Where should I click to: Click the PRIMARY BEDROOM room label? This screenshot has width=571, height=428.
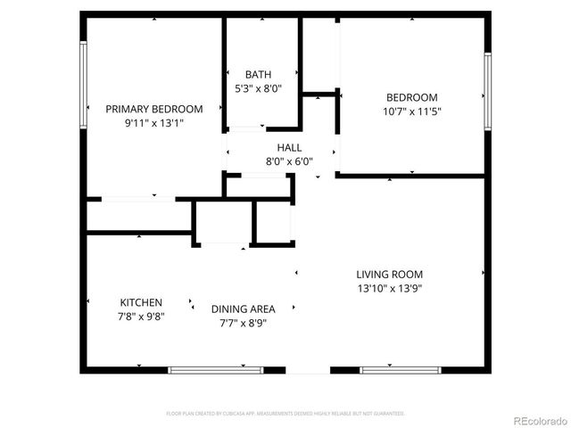pos(154,109)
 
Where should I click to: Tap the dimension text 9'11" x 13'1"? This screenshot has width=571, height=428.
pos(154,123)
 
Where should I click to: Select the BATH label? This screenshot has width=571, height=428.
pos(259,75)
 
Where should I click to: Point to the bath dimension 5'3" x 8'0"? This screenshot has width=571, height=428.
pos(259,88)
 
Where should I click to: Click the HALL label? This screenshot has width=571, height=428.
pos(289,148)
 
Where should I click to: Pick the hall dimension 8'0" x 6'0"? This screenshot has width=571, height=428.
pos(289,161)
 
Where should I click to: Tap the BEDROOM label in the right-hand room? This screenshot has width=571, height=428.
pos(411,98)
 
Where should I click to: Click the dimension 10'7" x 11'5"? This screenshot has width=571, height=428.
pos(411,111)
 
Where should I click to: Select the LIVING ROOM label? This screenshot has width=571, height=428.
pos(389,275)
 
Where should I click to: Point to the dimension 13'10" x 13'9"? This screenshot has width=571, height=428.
pos(389,288)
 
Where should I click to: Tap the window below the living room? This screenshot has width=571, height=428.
pos(389,369)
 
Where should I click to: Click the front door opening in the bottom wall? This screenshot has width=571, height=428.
pos(308,370)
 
